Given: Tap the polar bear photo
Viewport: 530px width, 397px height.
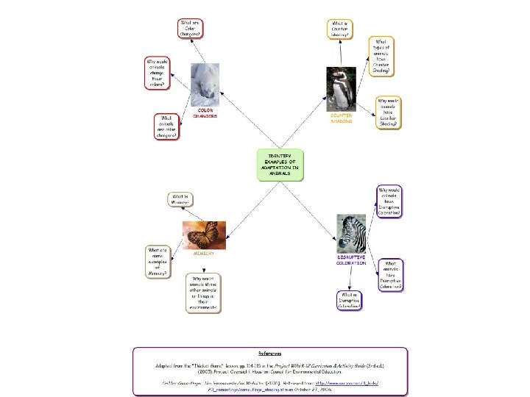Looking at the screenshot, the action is [205, 85].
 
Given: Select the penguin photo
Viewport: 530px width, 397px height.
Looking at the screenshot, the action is [341, 88].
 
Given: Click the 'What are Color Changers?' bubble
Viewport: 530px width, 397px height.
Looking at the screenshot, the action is [191, 29].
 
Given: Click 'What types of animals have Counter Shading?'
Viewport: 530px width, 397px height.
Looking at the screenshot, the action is [381, 57].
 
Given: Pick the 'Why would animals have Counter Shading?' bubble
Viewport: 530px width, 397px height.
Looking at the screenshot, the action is [388, 112].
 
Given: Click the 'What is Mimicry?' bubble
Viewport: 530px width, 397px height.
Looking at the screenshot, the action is [181, 198].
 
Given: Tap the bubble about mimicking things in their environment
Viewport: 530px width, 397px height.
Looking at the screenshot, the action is [204, 293].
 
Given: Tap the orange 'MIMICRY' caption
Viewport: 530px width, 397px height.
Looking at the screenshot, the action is [203, 253].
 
